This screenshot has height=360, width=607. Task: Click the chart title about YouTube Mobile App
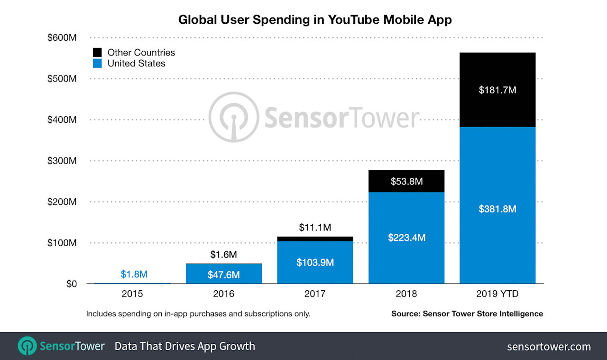tap(315, 19)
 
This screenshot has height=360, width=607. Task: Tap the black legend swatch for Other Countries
tap(97, 53)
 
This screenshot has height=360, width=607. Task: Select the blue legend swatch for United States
tap(97, 64)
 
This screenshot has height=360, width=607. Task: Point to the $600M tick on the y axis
tap(62, 37)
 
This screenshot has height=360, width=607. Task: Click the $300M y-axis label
tap(62, 161)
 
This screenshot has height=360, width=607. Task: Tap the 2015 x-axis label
tap(132, 294)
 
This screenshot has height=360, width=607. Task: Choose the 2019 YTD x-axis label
tap(497, 294)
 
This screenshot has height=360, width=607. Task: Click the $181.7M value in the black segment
tap(497, 90)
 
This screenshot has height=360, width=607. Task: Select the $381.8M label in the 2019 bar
tap(497, 209)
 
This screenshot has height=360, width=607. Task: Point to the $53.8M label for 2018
tap(406, 181)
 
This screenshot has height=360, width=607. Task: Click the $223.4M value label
tap(406, 238)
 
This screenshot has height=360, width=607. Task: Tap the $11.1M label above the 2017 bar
tap(315, 228)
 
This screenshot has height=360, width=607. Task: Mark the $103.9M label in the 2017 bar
tap(315, 262)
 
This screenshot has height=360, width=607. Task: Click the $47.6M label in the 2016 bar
tap(223, 275)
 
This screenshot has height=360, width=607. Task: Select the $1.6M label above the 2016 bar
tap(223, 255)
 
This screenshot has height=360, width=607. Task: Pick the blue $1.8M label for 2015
tap(134, 274)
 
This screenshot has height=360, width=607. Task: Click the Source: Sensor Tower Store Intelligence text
tap(467, 314)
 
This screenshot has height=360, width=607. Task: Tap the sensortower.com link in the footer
tap(549, 347)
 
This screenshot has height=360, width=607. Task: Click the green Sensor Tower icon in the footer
tap(28, 346)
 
